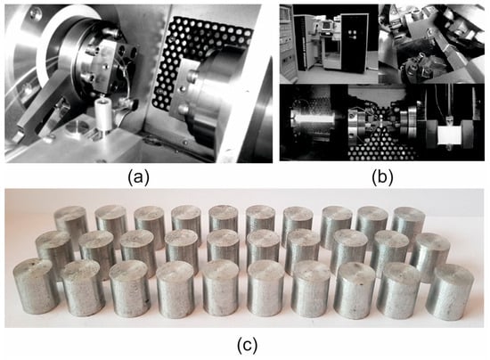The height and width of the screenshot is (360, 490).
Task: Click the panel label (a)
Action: (x=139, y=177)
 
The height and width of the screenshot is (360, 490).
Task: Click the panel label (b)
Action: (x=382, y=177)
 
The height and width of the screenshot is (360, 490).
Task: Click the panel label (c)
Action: (x=247, y=345)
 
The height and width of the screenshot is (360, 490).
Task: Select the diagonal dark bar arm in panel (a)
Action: (x=43, y=110)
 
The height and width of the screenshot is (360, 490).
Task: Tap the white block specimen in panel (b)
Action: (x=449, y=135)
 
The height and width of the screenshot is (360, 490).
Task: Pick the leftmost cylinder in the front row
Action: (x=36, y=287)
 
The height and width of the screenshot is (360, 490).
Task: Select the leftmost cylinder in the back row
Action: (x=71, y=225)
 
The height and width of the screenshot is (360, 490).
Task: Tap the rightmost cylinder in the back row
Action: (x=408, y=224)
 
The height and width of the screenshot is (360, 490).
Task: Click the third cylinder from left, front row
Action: (x=129, y=288)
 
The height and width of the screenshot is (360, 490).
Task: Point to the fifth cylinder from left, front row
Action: (x=221, y=288)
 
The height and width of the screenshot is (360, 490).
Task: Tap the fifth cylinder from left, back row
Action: (x=224, y=220)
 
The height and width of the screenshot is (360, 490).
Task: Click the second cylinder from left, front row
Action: (x=83, y=288)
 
